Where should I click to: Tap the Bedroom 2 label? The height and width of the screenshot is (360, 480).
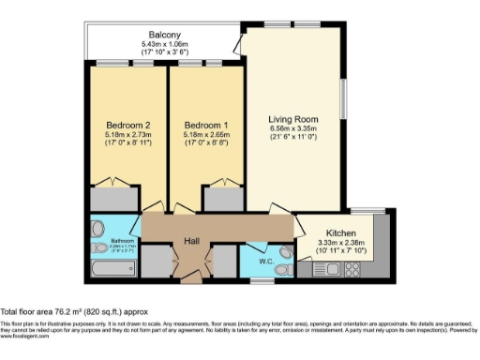coord(127,125)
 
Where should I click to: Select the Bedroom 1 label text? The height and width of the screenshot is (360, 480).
coord(206,125)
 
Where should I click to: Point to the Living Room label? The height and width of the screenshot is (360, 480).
coord(292,119)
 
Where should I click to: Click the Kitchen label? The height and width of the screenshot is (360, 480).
coord(339,232)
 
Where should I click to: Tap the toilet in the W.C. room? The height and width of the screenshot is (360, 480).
coord(285,252)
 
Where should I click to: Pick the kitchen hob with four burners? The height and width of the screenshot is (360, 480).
coord(352,270)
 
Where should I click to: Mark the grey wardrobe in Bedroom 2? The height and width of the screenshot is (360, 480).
coord(114,201)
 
